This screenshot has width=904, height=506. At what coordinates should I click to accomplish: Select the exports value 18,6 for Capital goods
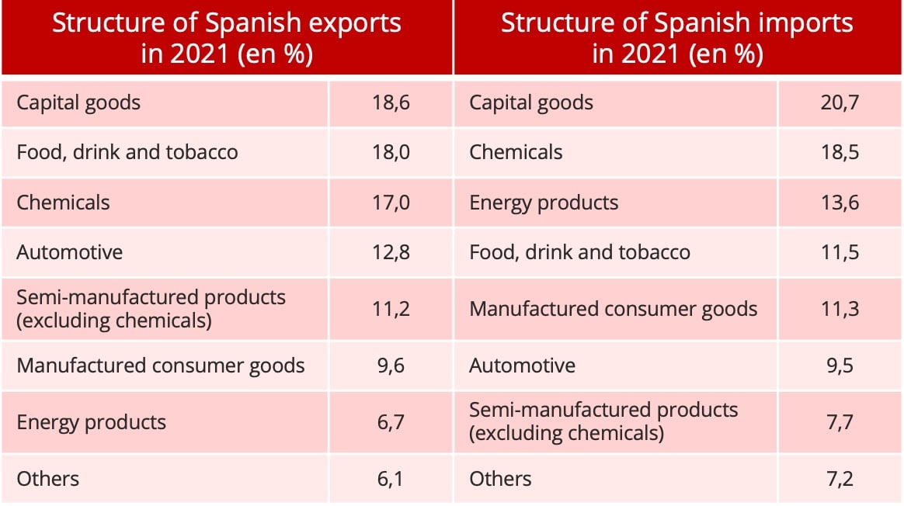pos(391,102)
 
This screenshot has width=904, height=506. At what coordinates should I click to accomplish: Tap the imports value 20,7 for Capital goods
pos(840,102)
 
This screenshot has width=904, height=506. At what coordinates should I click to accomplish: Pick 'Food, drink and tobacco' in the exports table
pos(127,151)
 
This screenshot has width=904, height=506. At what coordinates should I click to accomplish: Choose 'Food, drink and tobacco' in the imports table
pos(579,252)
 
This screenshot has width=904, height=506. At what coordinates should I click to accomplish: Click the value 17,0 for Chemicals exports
pos(391,203)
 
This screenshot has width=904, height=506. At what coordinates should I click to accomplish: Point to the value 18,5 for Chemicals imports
pos(840,151)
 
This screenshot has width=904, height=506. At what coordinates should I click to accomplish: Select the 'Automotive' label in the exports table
pos(70,252)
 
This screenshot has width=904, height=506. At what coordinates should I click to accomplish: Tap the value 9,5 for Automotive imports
pos(840,366)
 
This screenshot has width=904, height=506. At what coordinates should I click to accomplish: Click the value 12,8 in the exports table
pos(391,252)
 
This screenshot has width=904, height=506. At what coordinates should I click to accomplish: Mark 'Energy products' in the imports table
pos(544,203)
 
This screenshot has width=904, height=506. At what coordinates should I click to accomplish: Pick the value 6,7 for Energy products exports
pos(391,422)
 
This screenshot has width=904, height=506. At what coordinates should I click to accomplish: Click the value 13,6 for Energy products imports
pos(840,203)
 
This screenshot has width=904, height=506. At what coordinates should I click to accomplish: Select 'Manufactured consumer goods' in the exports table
pos(161,366)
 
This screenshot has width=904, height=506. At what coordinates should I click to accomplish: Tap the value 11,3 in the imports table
pos(840,309)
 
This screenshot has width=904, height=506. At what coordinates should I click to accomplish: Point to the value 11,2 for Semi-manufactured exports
pos(391,309)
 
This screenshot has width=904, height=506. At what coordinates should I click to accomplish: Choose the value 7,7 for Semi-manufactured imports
pos(840,422)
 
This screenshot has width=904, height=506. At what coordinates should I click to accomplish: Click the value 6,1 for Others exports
pos(391,479)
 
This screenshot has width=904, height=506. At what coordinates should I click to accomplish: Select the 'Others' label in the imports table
pos(500,479)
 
